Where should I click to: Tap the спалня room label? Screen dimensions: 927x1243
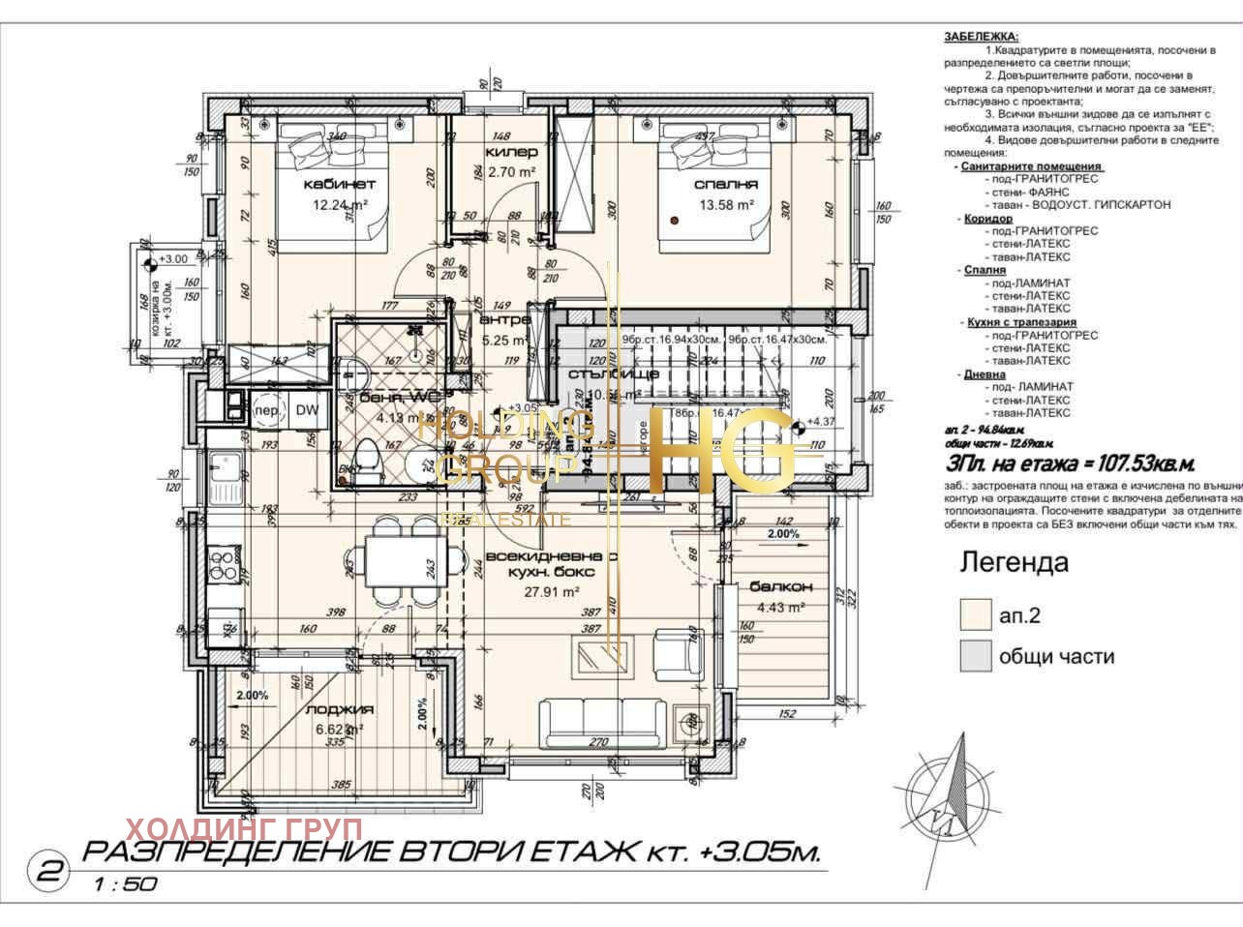(x=725, y=184)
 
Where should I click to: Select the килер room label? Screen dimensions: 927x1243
(x=511, y=153)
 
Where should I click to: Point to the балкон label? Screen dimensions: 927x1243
(x=780, y=587)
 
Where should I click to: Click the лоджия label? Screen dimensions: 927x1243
(x=339, y=709)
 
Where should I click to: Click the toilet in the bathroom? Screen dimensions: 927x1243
(x=368, y=463)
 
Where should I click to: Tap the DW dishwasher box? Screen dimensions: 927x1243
(x=307, y=410)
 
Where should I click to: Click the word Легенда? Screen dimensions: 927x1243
(x=1014, y=562)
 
